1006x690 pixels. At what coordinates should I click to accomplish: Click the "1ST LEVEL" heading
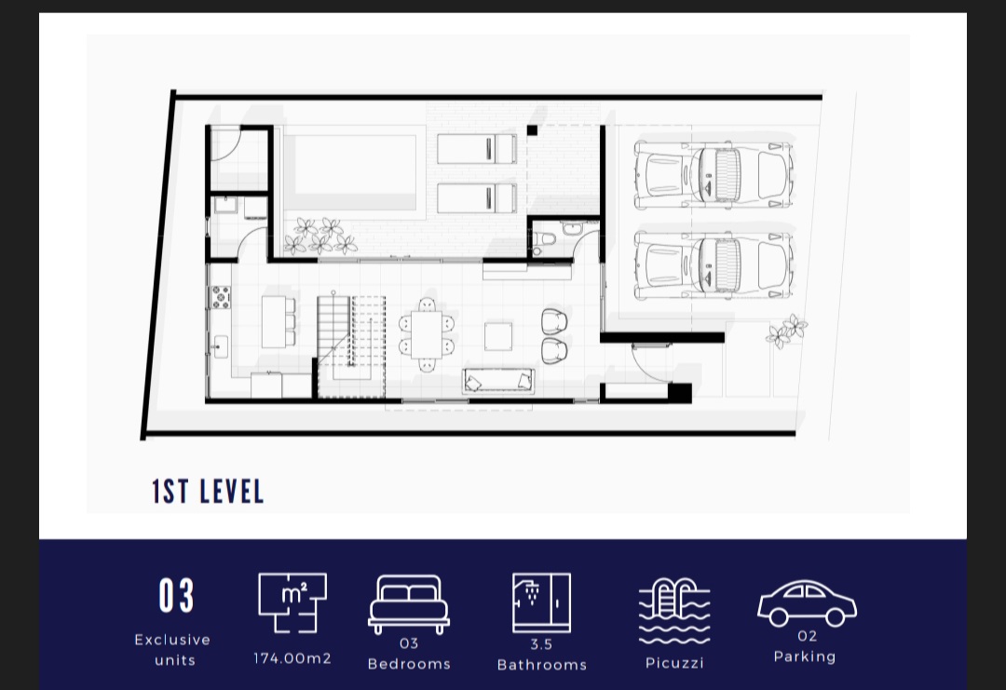pyautogui.click(x=208, y=492)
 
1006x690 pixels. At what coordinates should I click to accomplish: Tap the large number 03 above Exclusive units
pyautogui.click(x=176, y=596)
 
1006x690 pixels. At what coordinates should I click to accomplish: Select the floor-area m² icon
pyautogui.click(x=292, y=602)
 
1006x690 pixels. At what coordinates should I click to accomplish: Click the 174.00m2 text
pyautogui.click(x=292, y=658)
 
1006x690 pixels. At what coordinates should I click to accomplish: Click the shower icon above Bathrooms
pyautogui.click(x=541, y=602)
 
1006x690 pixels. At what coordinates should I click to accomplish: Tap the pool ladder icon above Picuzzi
pyautogui.click(x=674, y=612)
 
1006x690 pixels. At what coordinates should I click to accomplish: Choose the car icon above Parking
pyautogui.click(x=807, y=603)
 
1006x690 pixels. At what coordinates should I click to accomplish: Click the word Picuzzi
pyautogui.click(x=674, y=663)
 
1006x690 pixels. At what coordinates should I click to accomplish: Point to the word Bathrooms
pyautogui.click(x=542, y=665)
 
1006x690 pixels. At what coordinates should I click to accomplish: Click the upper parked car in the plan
pyautogui.click(x=714, y=175)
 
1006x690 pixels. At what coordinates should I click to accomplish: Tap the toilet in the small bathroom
pyautogui.click(x=543, y=240)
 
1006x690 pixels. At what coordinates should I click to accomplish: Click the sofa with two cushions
pyautogui.click(x=499, y=380)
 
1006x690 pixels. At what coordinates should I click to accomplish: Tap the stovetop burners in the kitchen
pyautogui.click(x=221, y=296)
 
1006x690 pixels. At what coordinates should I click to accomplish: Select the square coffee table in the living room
pyautogui.click(x=498, y=336)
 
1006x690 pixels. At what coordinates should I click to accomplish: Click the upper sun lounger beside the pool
pyautogui.click(x=477, y=149)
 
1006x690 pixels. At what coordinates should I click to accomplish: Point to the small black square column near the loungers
pyautogui.click(x=532, y=130)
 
